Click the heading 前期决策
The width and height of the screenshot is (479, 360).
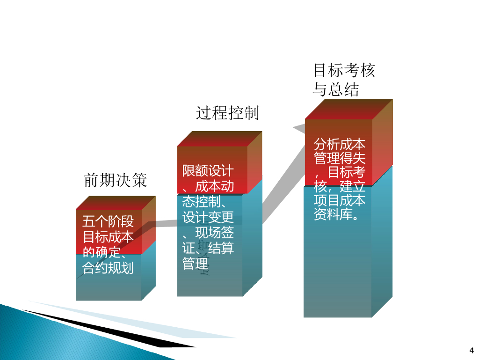click(116, 180)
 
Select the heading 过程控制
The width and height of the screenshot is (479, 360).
click(227, 113)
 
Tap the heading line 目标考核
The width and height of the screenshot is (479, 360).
click(344, 71)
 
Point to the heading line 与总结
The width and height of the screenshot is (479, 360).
click(336, 89)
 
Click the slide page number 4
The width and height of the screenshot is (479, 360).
click(471, 350)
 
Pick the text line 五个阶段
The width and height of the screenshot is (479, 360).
click(108, 221)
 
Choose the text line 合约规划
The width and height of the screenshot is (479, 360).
click(108, 268)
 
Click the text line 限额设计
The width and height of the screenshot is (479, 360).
click(208, 170)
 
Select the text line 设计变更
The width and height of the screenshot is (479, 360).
click(208, 217)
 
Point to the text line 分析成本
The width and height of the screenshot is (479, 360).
click(340, 144)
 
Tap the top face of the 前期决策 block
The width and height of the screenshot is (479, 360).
click(116, 202)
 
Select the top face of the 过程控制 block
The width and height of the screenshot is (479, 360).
click(219, 139)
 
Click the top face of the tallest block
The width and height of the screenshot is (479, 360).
click(348, 109)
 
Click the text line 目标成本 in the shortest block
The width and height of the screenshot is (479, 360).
click(108, 236)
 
